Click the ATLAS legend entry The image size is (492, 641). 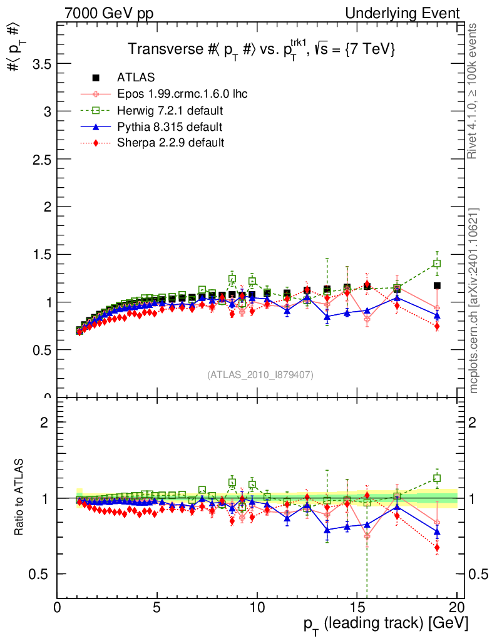pyautogui.click(x=136, y=78)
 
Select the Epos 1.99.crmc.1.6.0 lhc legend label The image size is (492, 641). pyautogui.click(x=182, y=94)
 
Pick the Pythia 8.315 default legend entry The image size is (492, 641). pyautogui.click(x=169, y=127)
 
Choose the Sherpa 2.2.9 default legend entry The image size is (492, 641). pyautogui.click(x=170, y=143)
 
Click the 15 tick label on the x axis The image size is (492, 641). pyautogui.click(x=357, y=607)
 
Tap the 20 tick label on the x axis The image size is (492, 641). pyautogui.click(x=457, y=607)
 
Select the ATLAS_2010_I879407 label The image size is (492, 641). pyautogui.click(x=260, y=375)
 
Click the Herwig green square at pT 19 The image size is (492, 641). pyautogui.click(x=437, y=264)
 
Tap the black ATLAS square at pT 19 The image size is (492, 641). pyautogui.click(x=437, y=286)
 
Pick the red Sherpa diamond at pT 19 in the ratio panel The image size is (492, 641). pyautogui.click(x=437, y=548)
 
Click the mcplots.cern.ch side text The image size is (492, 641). pyautogui.click(x=474, y=300)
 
